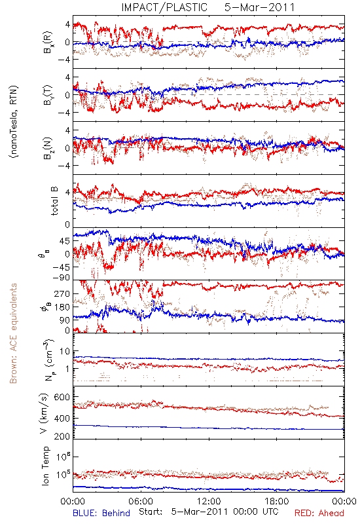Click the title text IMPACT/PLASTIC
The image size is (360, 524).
(164, 7)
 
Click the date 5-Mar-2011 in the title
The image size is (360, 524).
(260, 7)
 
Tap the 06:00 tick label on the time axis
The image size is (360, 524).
(141, 501)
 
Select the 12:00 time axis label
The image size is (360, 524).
(209, 501)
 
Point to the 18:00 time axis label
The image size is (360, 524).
(277, 501)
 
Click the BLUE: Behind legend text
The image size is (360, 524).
(101, 513)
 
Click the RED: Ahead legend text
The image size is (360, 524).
(319, 513)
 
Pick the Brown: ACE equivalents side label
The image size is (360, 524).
(13, 333)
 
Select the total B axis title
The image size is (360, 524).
(54, 201)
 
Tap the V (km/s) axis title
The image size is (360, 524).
(45, 414)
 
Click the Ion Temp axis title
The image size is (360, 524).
(45, 466)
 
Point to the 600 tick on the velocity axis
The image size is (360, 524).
(62, 397)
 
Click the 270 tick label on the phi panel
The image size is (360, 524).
(62, 293)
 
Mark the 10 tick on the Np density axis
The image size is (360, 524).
(65, 351)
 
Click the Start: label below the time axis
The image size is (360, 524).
(151, 512)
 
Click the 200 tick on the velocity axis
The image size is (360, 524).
(62, 436)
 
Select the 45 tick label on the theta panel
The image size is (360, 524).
(65, 241)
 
